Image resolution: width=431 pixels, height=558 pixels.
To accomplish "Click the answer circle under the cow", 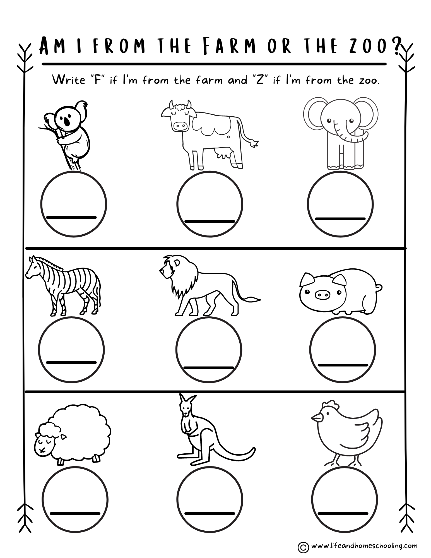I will pos(210,204).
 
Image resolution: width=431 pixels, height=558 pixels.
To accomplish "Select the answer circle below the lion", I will pos(209,350).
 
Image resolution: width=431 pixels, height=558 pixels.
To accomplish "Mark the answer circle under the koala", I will pos(74,204).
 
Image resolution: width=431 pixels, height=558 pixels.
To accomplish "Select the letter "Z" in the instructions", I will pos(259,80).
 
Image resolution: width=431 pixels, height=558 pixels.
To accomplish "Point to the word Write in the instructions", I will pos(69,80).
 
